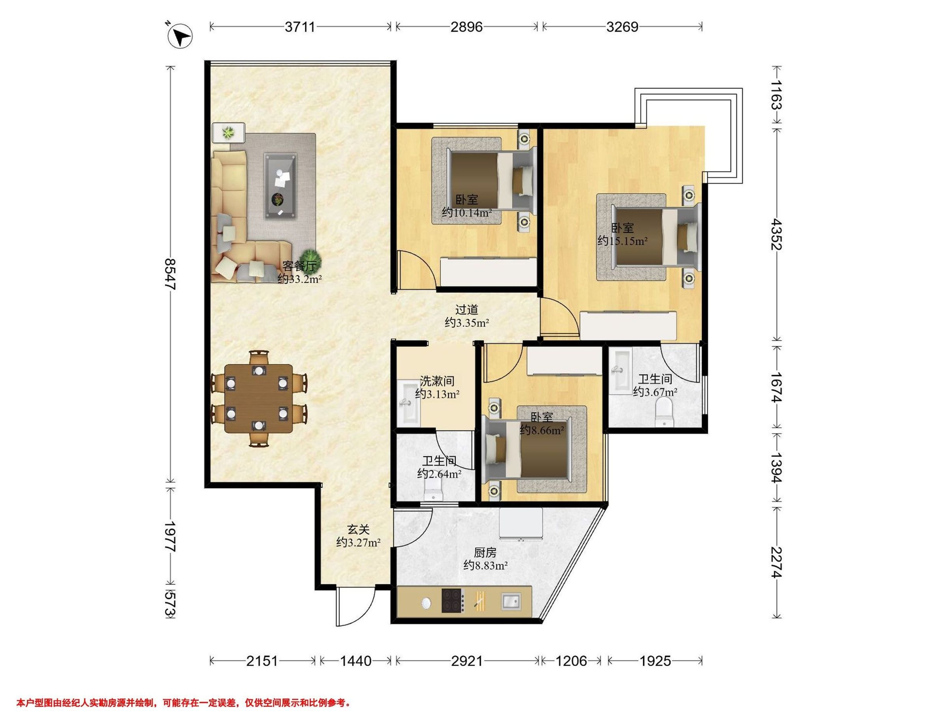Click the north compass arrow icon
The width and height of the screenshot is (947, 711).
(181, 36)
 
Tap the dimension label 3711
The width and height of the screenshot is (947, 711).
(300, 27)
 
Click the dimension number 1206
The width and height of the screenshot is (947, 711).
(571, 661)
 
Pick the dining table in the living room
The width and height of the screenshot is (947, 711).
(258, 399)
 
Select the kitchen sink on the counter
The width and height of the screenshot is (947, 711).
(511, 601)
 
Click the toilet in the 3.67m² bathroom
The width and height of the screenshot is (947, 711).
(664, 412)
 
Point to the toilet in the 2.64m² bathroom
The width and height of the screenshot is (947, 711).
(433, 488)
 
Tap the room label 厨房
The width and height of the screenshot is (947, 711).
(485, 553)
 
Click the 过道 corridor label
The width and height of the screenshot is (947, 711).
(467, 309)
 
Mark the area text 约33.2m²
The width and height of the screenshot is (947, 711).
(299, 279)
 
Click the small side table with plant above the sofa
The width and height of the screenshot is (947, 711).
(228, 133)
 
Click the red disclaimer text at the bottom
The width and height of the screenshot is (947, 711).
(183, 691)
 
